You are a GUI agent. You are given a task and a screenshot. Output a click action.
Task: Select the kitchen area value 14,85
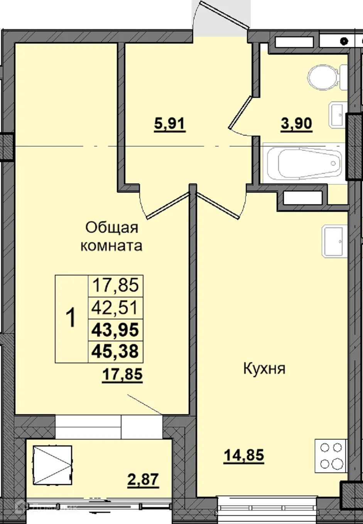[244, 455]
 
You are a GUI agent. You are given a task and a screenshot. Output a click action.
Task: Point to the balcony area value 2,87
[143, 480]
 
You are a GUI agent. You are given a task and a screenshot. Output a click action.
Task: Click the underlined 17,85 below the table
[122, 374]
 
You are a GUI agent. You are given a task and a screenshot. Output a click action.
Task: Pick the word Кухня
[264, 369]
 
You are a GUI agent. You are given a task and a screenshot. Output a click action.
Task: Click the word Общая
[111, 227]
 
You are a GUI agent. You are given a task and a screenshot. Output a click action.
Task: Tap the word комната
[111, 245]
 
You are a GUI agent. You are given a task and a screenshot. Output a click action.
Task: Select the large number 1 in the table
[71, 319]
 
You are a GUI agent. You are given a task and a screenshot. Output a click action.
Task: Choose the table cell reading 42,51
[115, 308]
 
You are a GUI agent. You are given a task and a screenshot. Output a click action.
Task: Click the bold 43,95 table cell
[115, 330]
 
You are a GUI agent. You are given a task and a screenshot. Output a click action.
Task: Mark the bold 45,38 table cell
[115, 351]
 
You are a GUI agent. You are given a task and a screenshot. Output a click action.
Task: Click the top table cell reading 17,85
[115, 286]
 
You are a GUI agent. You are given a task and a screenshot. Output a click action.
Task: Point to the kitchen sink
[333, 241]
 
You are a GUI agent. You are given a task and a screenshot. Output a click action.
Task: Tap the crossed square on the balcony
[52, 465]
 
